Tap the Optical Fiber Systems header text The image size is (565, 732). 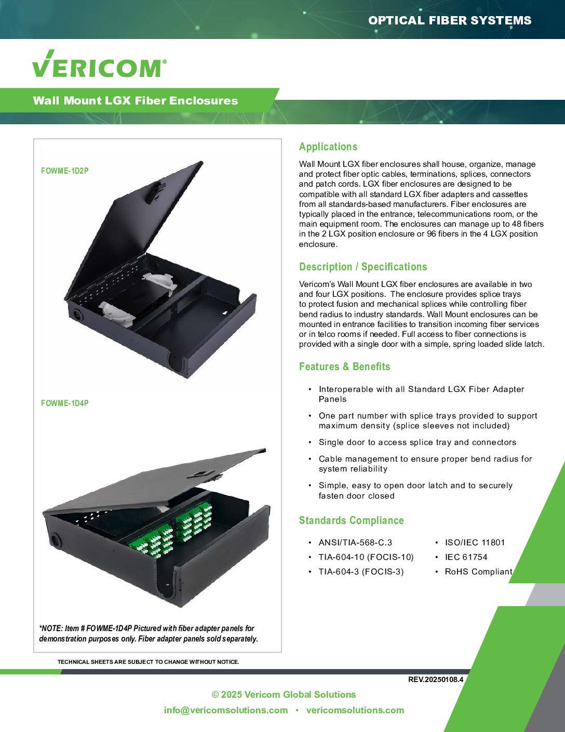click(x=450, y=20)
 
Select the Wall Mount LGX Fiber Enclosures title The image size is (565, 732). click(x=135, y=100)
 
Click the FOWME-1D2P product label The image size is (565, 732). click(x=64, y=171)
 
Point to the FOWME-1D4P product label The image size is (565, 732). click(x=64, y=403)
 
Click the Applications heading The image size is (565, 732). click(x=328, y=147)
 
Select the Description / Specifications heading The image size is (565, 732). click(x=363, y=267)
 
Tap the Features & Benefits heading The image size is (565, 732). click(x=345, y=366)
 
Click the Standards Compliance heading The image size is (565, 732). click(x=352, y=520)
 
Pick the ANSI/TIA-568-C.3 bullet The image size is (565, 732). click(x=355, y=542)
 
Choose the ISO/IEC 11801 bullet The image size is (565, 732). click(x=475, y=542)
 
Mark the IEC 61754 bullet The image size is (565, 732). click(x=466, y=557)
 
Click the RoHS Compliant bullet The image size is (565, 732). click(x=478, y=572)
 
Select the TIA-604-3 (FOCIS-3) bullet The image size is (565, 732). click(x=361, y=572)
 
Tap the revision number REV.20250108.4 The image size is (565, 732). click(x=436, y=679)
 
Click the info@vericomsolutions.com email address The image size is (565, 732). click(x=226, y=710)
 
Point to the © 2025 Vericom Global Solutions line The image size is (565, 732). click(x=284, y=694)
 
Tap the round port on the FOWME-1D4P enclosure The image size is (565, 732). click(x=55, y=541)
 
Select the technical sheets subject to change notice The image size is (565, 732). click(x=149, y=662)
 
